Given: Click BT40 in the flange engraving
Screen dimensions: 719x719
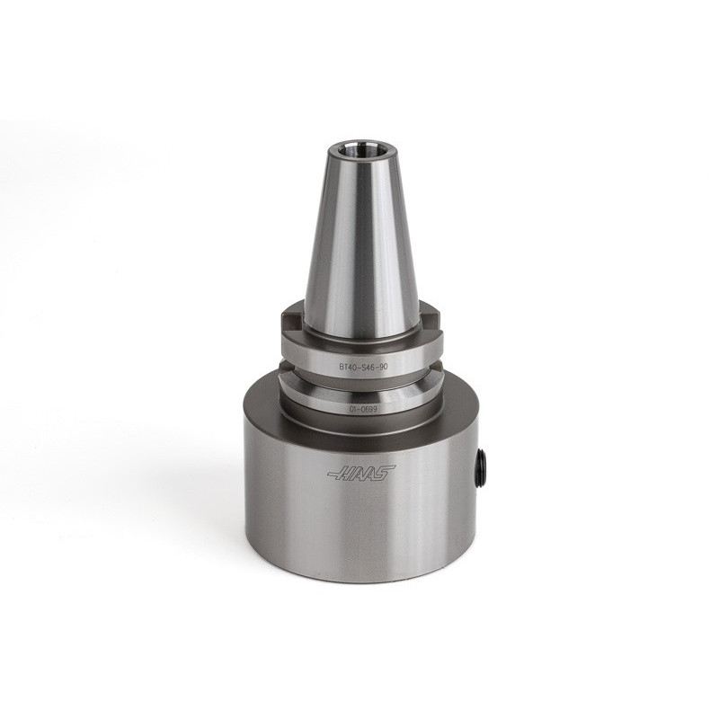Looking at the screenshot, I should pos(350,366).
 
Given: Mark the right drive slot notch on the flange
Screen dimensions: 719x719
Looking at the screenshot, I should pos(434,322).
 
